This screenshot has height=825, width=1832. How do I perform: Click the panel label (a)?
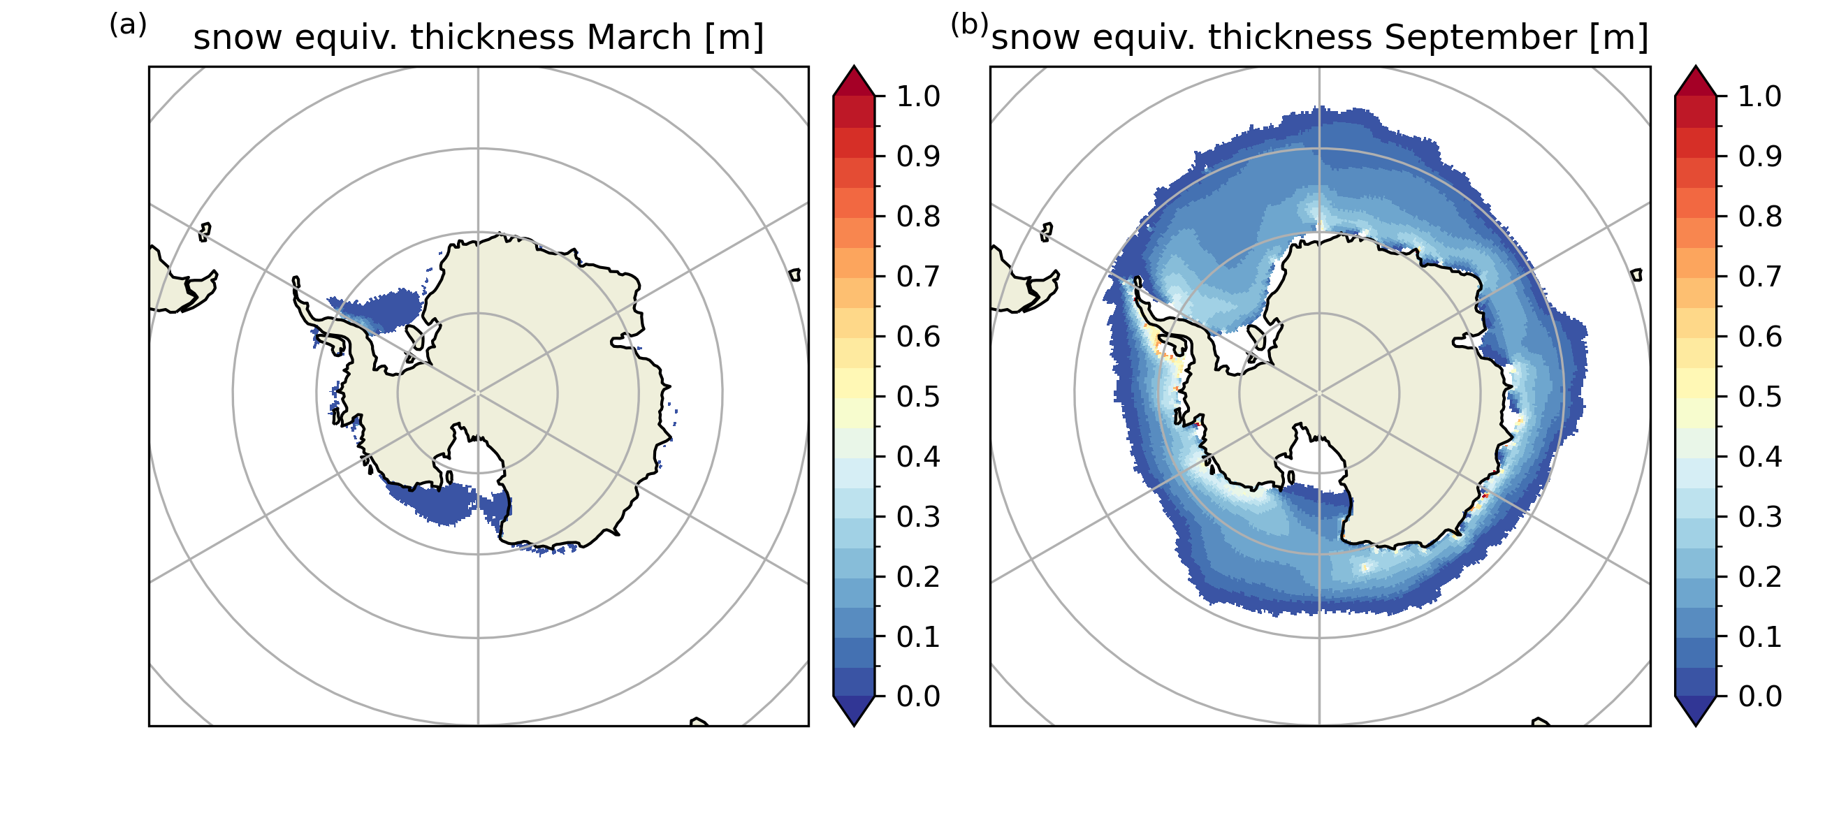tap(128, 26)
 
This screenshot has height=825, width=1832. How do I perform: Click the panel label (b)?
tap(969, 26)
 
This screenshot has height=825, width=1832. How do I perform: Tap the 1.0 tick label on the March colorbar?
tap(918, 96)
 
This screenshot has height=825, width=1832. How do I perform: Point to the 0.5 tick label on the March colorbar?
tap(918, 396)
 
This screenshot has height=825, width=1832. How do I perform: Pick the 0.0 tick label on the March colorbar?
tap(918, 696)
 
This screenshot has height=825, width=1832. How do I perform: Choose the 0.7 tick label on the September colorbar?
tap(1760, 276)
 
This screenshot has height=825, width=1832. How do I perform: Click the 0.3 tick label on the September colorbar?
tap(1760, 516)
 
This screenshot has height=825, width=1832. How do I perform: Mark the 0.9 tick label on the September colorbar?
tap(1760, 156)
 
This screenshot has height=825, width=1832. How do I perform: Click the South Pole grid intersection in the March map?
tap(478, 393)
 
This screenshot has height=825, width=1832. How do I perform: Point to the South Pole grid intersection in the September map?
tap(1319, 393)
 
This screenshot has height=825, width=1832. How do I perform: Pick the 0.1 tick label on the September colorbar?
tap(1760, 636)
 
